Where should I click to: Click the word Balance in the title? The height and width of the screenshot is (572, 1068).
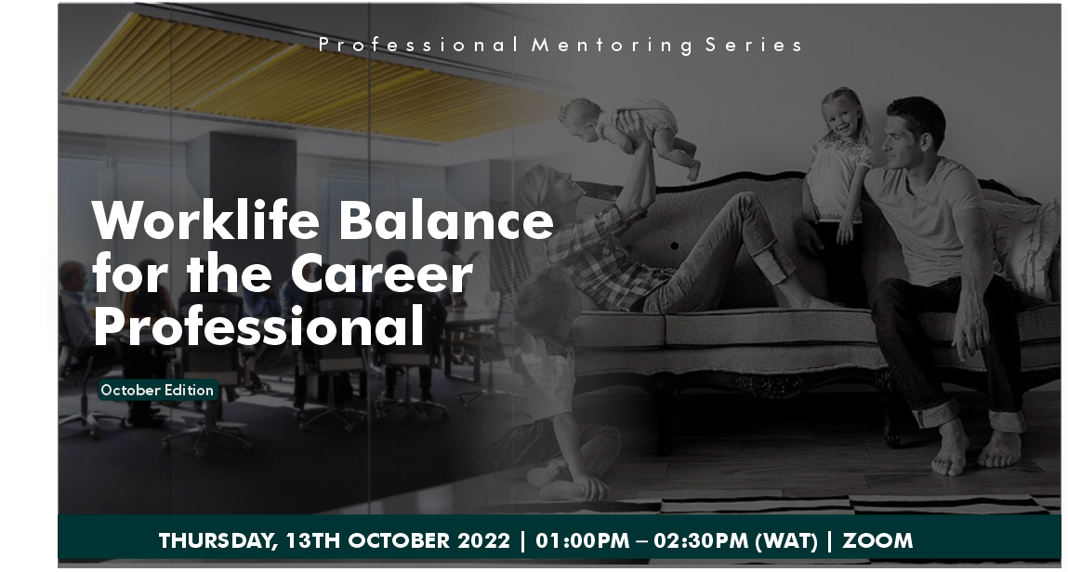tap(446, 221)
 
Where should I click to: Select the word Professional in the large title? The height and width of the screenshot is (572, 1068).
tap(258, 327)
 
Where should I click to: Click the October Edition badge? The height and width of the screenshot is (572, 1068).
tap(157, 391)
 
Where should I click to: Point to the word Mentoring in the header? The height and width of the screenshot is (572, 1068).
tap(612, 45)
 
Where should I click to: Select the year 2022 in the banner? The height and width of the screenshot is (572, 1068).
tap(483, 541)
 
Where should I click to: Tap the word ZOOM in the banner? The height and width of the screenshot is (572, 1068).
tap(878, 541)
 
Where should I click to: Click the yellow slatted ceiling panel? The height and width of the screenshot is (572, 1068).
tap(279, 79)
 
